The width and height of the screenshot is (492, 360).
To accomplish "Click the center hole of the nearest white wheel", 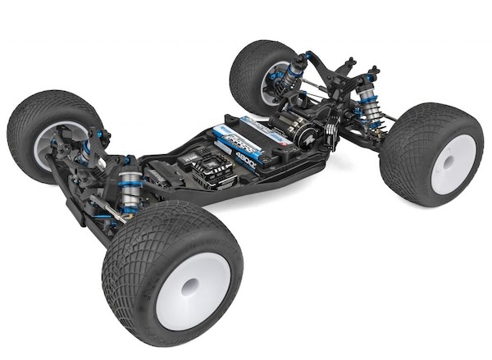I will pos(189,286).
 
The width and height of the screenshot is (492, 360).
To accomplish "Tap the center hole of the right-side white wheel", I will pos(449,164).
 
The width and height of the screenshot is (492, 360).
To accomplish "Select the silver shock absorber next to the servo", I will pos(130,189).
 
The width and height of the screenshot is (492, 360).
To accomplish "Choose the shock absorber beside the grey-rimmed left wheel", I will pos(84,151).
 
